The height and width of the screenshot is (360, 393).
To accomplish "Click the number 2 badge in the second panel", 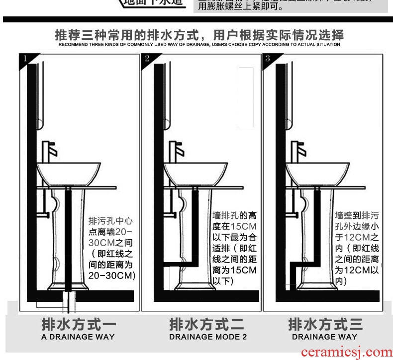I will point(147,59).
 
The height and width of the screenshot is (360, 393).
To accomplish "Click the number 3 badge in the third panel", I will point(267,59).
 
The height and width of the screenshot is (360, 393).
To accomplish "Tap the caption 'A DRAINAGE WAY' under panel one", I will point(78,337).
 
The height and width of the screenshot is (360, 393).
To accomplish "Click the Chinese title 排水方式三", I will point(325,325).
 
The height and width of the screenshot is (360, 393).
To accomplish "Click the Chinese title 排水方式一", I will point(78,325).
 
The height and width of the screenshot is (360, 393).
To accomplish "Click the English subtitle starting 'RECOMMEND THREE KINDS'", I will point(199,45).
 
